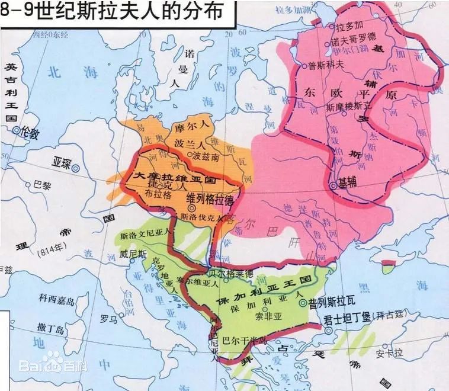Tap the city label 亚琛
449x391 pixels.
click(x=62, y=161)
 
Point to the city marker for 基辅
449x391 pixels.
click(x=334, y=185)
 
